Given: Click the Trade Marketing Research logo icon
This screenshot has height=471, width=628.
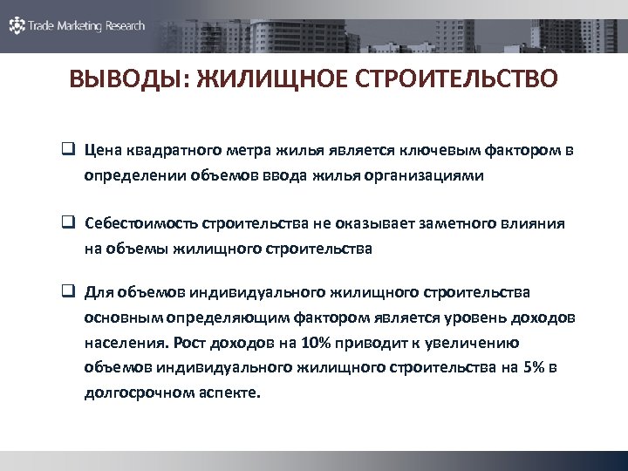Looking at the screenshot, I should point(17,26).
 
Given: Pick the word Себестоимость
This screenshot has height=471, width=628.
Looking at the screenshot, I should point(141,223).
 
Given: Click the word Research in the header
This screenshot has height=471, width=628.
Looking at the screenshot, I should point(126,26).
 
